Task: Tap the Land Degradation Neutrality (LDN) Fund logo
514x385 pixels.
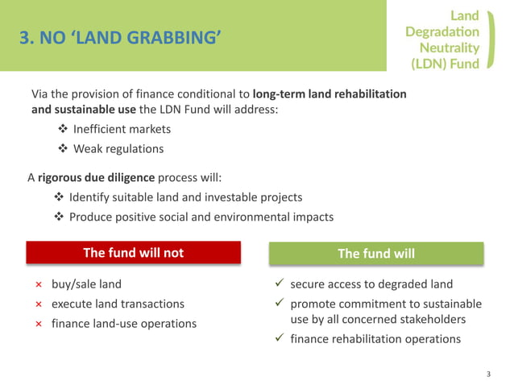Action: [x=446, y=39]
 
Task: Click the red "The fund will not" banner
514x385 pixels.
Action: [x=134, y=253]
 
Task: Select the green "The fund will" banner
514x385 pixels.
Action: [x=376, y=254]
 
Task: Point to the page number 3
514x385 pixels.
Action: [x=488, y=374]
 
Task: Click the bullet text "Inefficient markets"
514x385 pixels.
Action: [x=122, y=129]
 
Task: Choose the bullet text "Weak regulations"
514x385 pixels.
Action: [x=118, y=148]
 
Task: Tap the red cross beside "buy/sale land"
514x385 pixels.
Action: [x=38, y=284]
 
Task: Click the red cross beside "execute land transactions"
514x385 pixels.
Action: [x=38, y=304]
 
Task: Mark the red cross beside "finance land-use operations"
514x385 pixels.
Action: [x=38, y=324]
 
